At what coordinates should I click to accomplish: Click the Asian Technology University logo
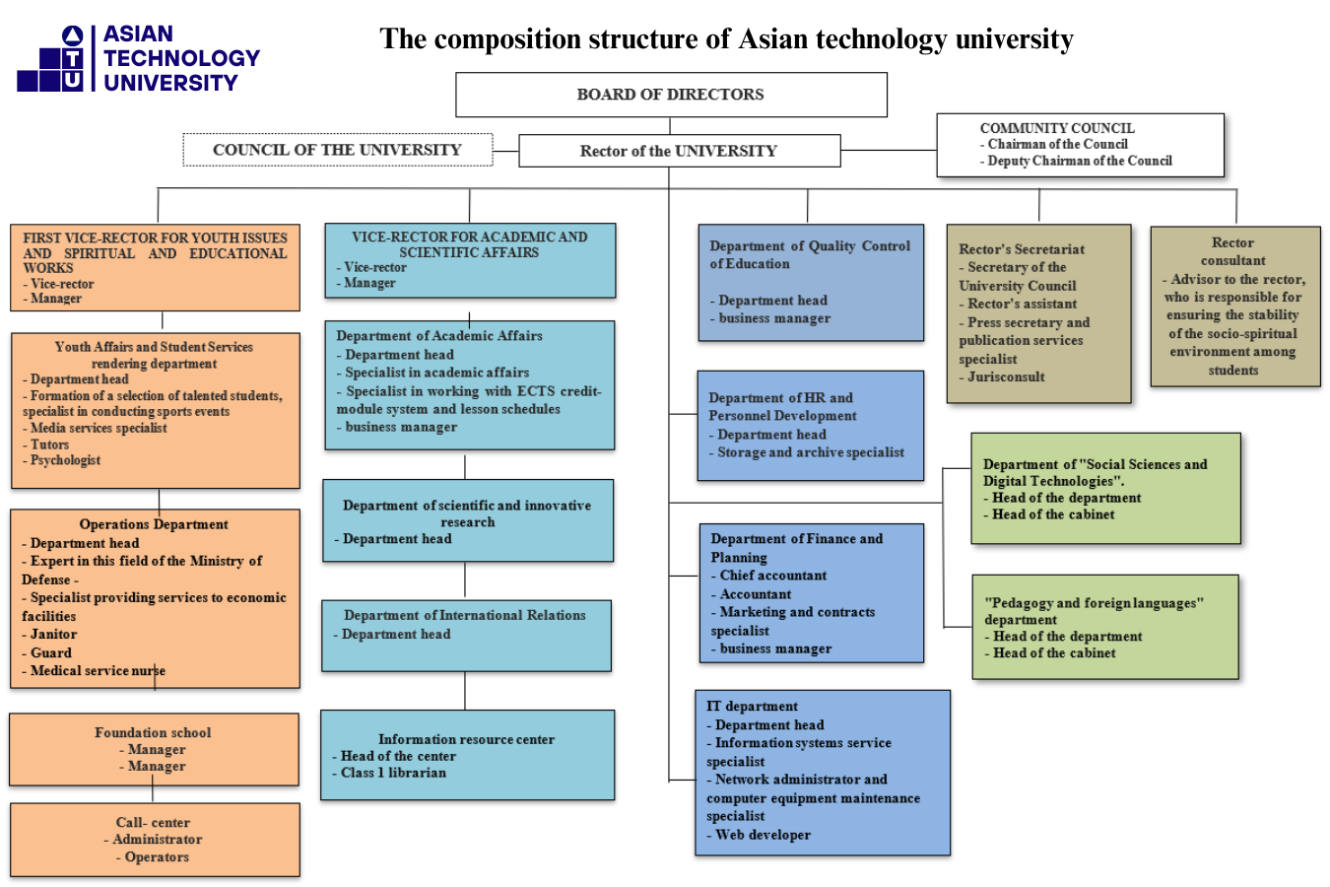(138, 59)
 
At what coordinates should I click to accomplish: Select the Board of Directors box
(671, 95)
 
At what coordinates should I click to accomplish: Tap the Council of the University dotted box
(337, 150)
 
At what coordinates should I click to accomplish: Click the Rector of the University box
(679, 151)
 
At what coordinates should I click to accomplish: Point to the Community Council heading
(1057, 128)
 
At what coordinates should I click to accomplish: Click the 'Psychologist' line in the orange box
(65, 460)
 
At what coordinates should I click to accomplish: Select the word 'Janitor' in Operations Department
(53, 635)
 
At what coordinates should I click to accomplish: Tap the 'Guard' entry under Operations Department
(51, 652)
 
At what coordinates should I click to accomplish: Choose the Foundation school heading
(153, 732)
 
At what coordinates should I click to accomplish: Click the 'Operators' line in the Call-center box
(157, 857)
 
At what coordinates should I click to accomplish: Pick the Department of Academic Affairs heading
(439, 336)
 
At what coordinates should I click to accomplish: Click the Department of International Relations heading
(465, 615)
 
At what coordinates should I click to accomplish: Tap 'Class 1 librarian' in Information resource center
(393, 773)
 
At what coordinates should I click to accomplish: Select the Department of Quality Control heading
(810, 254)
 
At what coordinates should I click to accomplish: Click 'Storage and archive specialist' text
(811, 452)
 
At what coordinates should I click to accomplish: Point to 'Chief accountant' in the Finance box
(773, 576)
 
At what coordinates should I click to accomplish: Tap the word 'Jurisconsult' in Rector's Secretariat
(1006, 376)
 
